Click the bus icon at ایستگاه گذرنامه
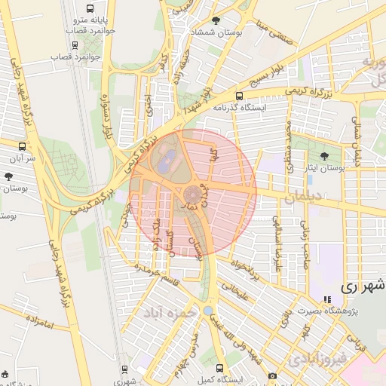239,96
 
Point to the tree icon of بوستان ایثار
324,157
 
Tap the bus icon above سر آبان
21,146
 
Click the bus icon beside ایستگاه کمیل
219,369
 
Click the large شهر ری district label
362,286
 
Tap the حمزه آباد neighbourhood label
173,311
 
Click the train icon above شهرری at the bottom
125,369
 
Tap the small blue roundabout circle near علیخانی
208,311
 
